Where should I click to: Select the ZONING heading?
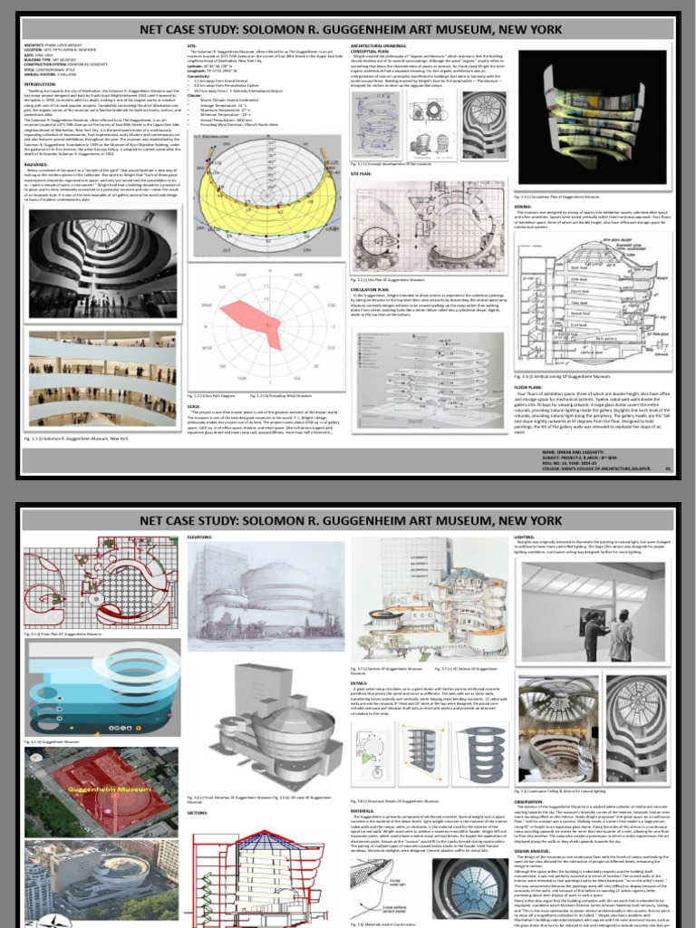point(551,206)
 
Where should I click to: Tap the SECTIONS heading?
point(198,813)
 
